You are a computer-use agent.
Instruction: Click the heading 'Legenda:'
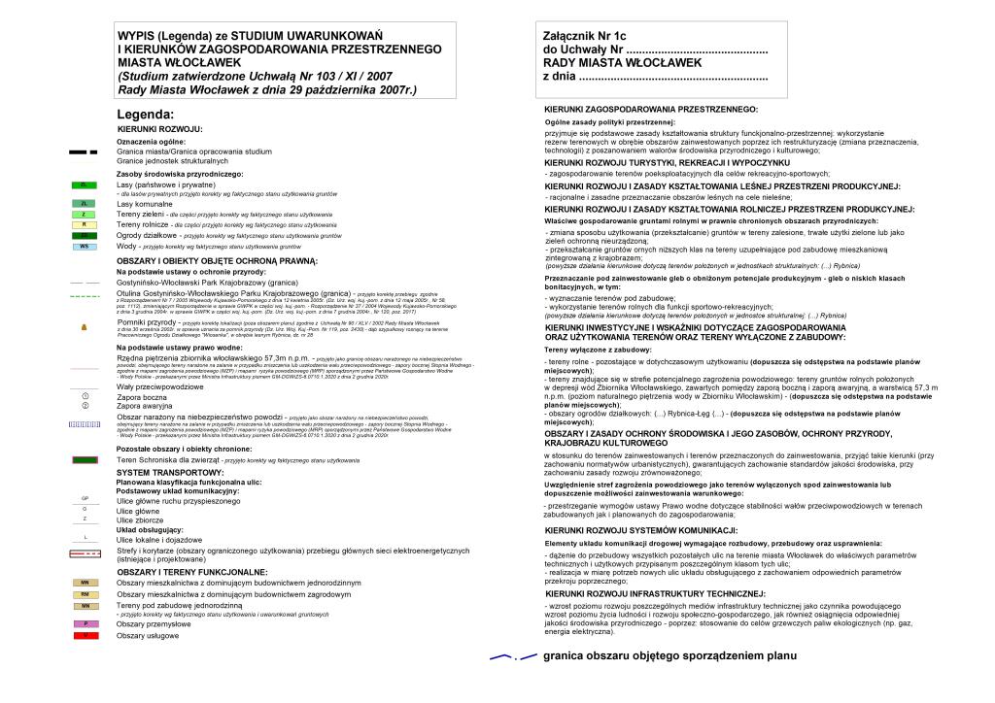(x=146, y=115)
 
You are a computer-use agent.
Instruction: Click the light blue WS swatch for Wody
(x=85, y=247)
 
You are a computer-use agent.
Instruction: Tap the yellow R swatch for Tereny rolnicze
(x=85, y=224)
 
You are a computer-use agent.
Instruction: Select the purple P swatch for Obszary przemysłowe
(x=85, y=623)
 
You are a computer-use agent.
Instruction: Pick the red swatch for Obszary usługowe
(x=85, y=635)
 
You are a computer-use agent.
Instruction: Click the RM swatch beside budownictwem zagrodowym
(x=85, y=593)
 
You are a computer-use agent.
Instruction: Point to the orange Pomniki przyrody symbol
(x=85, y=326)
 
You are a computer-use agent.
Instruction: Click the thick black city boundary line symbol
(x=84, y=152)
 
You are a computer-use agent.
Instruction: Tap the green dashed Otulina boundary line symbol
(x=85, y=294)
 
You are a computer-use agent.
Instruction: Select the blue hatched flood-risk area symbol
(x=85, y=424)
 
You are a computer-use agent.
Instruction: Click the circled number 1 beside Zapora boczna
(x=86, y=396)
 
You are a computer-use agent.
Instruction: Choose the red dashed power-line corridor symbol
(x=85, y=553)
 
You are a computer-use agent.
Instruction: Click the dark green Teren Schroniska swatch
(x=85, y=458)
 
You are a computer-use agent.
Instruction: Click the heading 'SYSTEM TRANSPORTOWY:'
(x=170, y=473)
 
